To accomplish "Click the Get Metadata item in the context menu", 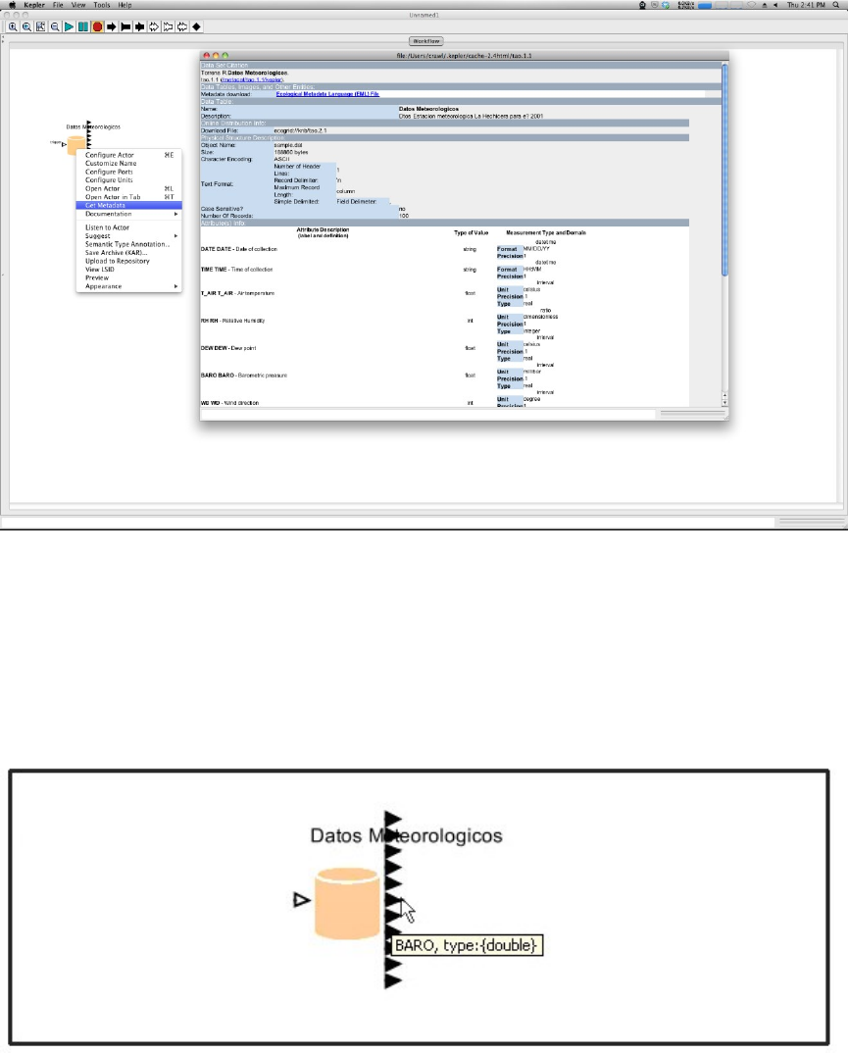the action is pyautogui.click(x=105, y=205).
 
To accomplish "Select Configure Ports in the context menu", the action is pyautogui.click(x=109, y=172).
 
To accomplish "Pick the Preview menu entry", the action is pyautogui.click(x=97, y=277).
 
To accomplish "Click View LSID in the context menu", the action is pyautogui.click(x=100, y=270).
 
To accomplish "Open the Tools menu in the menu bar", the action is pyautogui.click(x=101, y=5).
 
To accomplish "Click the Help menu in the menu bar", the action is pyautogui.click(x=125, y=5).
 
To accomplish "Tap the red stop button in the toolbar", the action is pyautogui.click(x=97, y=26).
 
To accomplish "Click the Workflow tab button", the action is pyautogui.click(x=424, y=41).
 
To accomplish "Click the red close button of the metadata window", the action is pyautogui.click(x=205, y=55).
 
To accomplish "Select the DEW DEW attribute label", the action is pyautogui.click(x=213, y=346).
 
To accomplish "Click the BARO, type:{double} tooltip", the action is pyautogui.click(x=467, y=946).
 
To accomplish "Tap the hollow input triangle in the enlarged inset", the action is pyautogui.click(x=302, y=899).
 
